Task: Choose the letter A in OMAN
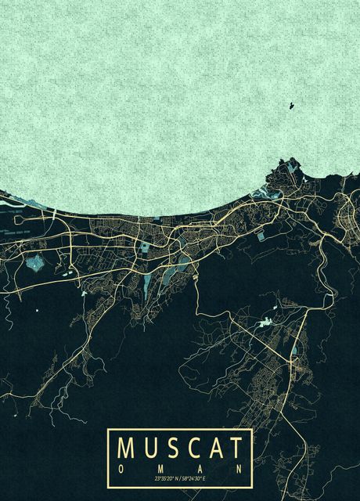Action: point(200,467)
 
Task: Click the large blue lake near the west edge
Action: point(34,262)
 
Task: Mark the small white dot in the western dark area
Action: point(37,311)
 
